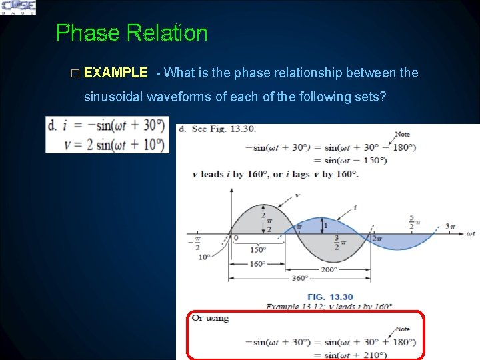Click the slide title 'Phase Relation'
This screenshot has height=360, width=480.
click(131, 33)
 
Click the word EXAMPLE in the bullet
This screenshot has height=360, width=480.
click(116, 73)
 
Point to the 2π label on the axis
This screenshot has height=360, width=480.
click(376, 238)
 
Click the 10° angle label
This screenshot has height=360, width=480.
click(205, 257)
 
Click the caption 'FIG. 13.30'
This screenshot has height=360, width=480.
click(330, 297)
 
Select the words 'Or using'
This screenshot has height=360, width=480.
click(210, 318)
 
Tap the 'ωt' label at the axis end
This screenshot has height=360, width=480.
click(471, 233)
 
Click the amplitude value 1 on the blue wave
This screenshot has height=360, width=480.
click(325, 225)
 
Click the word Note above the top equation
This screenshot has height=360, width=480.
click(402, 134)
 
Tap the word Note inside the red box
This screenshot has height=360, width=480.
click(402, 329)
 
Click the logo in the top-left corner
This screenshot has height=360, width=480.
click(19, 7)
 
